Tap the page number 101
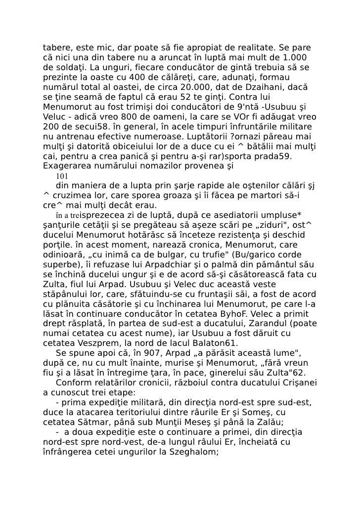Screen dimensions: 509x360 62,176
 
